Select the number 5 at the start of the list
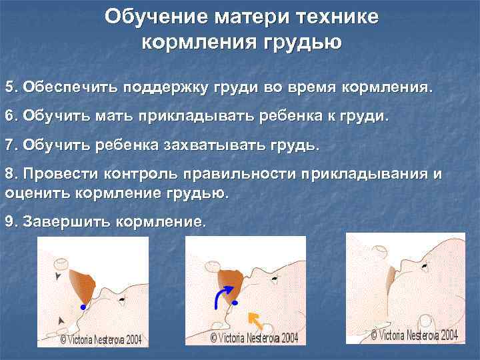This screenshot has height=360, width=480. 9,87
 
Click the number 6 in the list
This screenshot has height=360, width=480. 9,115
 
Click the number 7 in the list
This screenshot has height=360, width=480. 9,144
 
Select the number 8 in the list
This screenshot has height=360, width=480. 9,174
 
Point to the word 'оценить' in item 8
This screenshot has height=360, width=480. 33,193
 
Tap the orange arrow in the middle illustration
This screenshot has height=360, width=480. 254,319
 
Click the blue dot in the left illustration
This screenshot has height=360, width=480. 82,307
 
